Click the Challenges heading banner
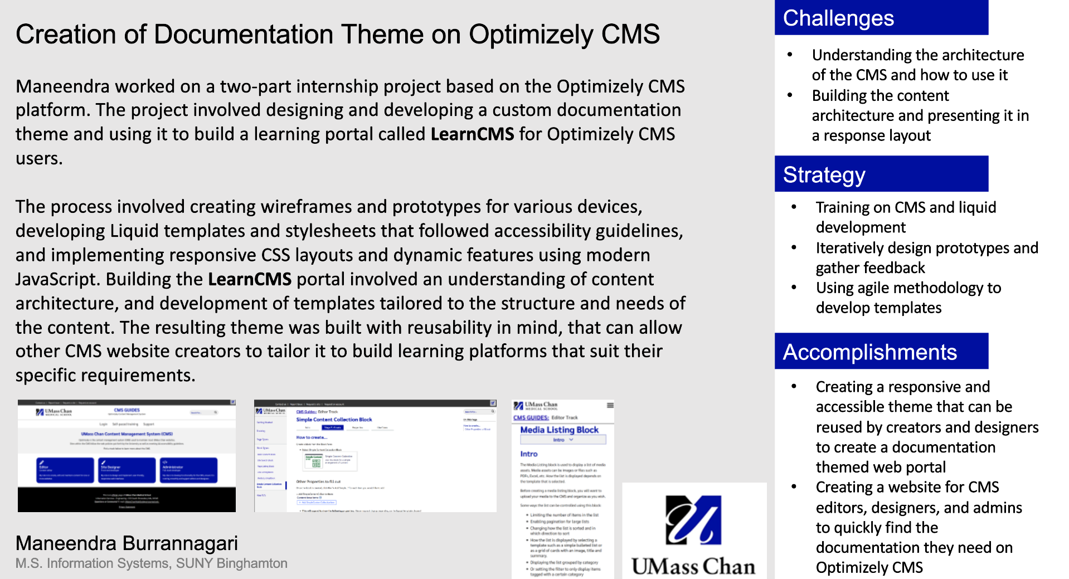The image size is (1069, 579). tap(881, 18)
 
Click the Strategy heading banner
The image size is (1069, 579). tap(881, 174)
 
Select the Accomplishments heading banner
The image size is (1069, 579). tap(881, 352)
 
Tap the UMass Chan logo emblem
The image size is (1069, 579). tap(693, 519)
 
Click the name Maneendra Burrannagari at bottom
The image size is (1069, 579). tap(127, 543)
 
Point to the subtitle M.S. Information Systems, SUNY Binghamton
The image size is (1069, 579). tap(151, 563)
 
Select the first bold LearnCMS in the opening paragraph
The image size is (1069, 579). tap(472, 134)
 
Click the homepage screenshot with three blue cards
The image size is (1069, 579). tap(127, 455)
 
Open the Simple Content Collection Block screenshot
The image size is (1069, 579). tap(375, 455)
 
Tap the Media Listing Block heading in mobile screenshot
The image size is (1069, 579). tap(559, 430)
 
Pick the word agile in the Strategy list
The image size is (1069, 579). tap(911, 288)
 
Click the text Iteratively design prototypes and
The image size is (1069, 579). tap(926, 248)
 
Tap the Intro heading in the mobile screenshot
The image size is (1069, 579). tap(528, 454)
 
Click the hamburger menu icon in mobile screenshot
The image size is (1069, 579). tap(610, 405)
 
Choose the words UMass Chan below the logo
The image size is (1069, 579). tap(693, 566)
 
